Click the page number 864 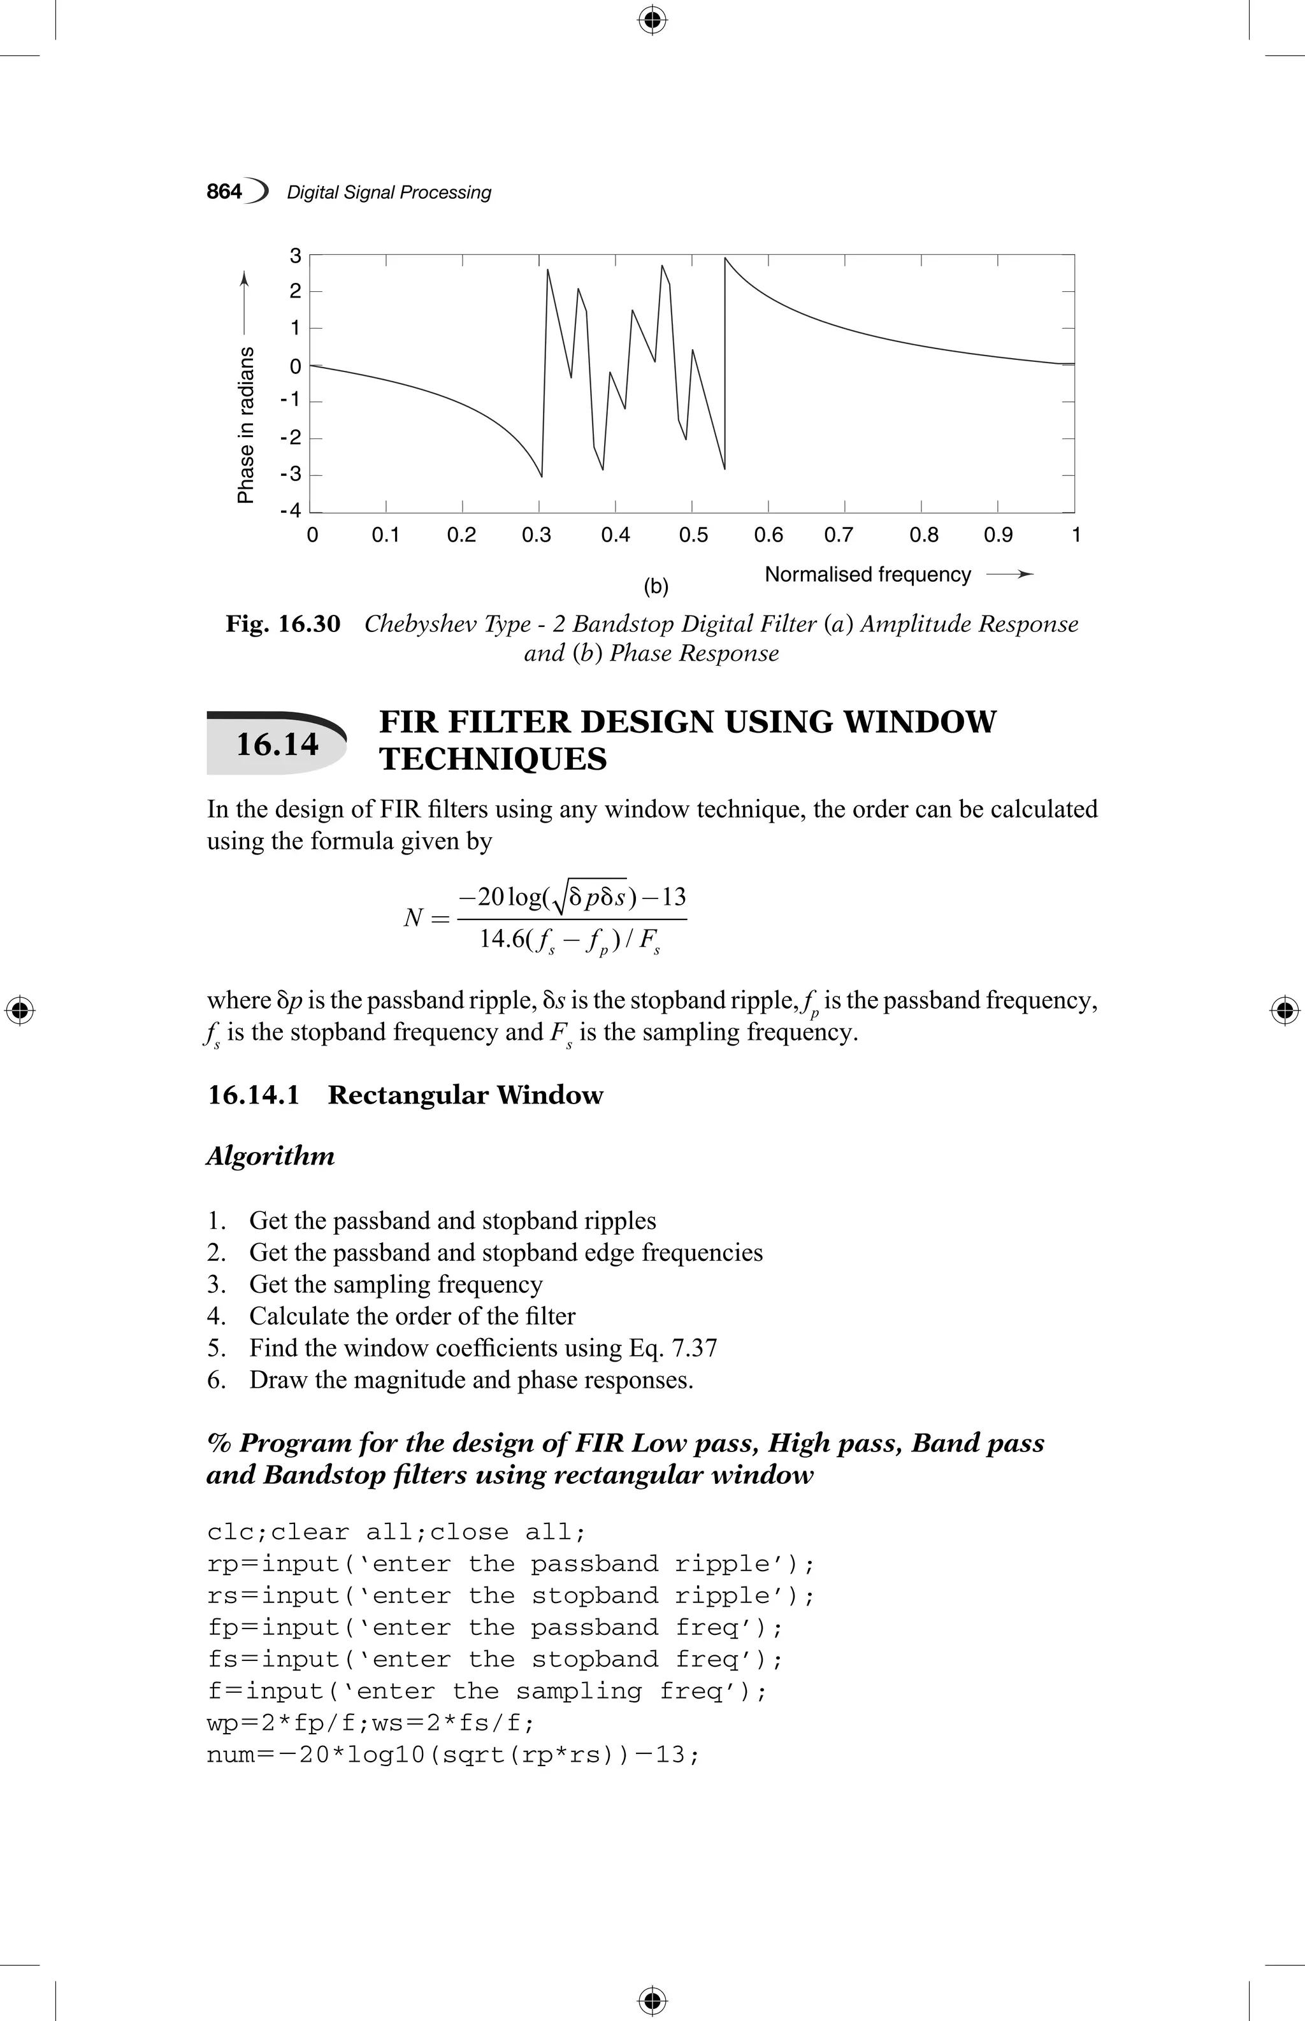tap(224, 192)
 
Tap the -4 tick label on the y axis tap(291, 510)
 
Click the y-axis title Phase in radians tap(246, 424)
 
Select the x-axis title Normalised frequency tap(868, 575)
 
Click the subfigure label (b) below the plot tap(656, 586)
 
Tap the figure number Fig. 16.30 tap(283, 624)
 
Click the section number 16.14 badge tap(277, 744)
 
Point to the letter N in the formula tap(414, 917)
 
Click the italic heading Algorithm tap(270, 1156)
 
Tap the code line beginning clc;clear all tap(396, 1532)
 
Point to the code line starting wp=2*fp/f tap(370, 1723)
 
